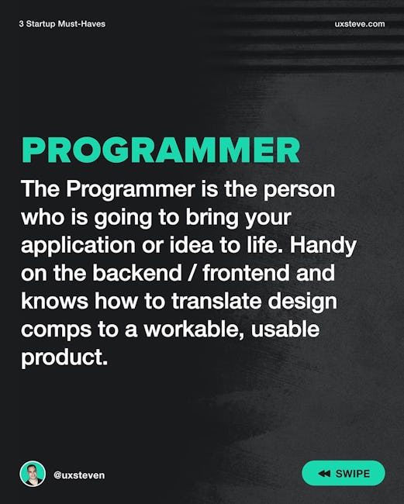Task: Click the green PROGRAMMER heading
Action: click(x=161, y=150)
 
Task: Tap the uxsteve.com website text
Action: click(x=360, y=24)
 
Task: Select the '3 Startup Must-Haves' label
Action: click(x=62, y=24)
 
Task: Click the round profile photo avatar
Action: click(x=33, y=474)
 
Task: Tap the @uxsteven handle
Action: click(x=79, y=475)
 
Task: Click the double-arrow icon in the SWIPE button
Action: click(x=324, y=474)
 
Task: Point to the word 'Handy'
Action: click(x=323, y=247)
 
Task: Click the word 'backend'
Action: click(x=137, y=273)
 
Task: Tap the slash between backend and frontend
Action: click(x=192, y=273)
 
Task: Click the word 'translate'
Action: click(x=216, y=301)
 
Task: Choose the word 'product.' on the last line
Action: click(x=64, y=358)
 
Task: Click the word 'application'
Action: click(x=78, y=247)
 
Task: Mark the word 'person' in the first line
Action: click(x=299, y=190)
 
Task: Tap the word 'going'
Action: click(x=123, y=219)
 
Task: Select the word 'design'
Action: click(x=302, y=302)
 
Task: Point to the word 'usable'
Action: click(x=285, y=329)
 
